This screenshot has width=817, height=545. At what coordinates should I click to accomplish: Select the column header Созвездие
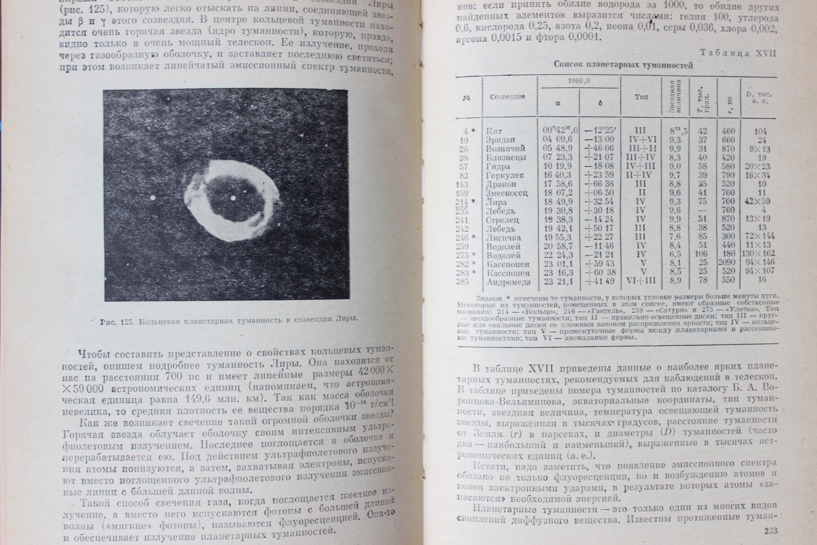(508, 96)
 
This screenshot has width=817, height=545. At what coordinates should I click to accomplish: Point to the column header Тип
(641, 97)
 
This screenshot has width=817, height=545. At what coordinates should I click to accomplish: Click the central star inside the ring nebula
(233, 198)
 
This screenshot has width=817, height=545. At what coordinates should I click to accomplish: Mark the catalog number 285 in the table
(464, 282)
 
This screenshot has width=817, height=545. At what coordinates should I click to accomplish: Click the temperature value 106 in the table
(702, 255)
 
